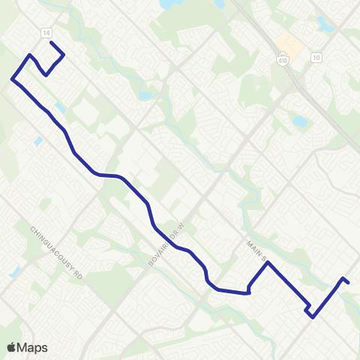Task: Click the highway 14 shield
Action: coord(46,34)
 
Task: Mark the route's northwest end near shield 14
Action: coord(51,43)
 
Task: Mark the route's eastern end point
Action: coord(349,282)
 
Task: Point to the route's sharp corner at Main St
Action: coord(267,263)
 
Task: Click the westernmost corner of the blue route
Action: coord(12,79)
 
